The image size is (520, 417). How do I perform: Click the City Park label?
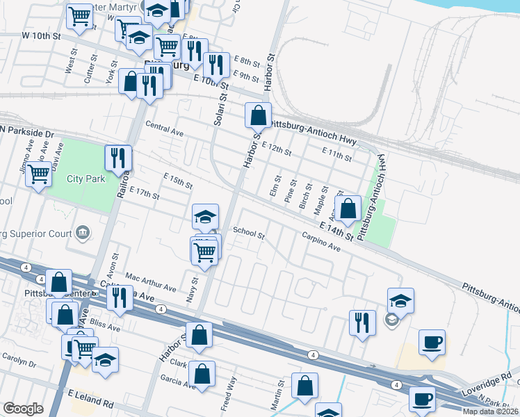click(x=86, y=179)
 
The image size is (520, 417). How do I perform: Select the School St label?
click(x=249, y=234)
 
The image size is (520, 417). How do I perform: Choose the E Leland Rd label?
click(x=90, y=402)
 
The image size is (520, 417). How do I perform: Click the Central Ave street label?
click(x=164, y=128)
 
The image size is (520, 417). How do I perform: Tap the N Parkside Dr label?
click(x=27, y=131)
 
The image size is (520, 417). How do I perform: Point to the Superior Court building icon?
click(x=83, y=231)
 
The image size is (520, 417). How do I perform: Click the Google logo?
click(x=23, y=409)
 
